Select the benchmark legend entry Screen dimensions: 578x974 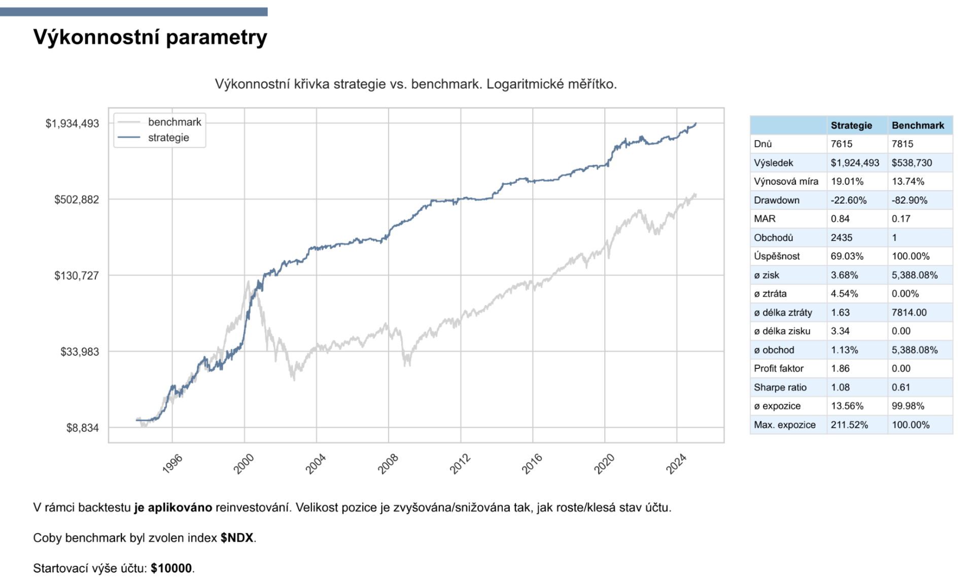[174, 122]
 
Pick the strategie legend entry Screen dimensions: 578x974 [168, 138]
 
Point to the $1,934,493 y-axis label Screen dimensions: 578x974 [72, 123]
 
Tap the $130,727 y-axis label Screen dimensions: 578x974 [77, 276]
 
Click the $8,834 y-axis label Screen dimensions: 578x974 [82, 428]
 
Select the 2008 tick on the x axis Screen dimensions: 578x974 [388, 464]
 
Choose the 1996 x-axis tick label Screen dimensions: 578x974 [172, 464]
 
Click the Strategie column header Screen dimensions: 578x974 [851, 125]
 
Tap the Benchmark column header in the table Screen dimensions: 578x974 [918, 125]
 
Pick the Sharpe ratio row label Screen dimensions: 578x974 [780, 387]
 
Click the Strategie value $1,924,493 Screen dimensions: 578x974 [855, 163]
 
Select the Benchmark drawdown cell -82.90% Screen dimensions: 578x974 [909, 200]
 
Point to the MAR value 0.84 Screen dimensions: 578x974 [839, 219]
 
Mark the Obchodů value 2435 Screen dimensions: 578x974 [841, 237]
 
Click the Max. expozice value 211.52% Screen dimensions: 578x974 [849, 425]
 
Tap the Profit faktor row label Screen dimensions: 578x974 [779, 368]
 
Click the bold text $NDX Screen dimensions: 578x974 [236, 538]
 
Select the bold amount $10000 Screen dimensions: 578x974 [171, 568]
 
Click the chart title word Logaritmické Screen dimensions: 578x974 [525, 84]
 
